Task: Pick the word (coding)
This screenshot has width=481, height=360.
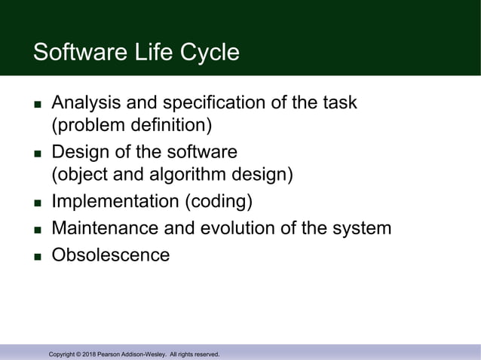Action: (x=222, y=202)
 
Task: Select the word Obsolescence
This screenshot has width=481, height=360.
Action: (x=111, y=255)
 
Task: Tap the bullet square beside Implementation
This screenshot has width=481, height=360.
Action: (x=36, y=203)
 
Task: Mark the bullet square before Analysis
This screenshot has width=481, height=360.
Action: (x=36, y=103)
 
